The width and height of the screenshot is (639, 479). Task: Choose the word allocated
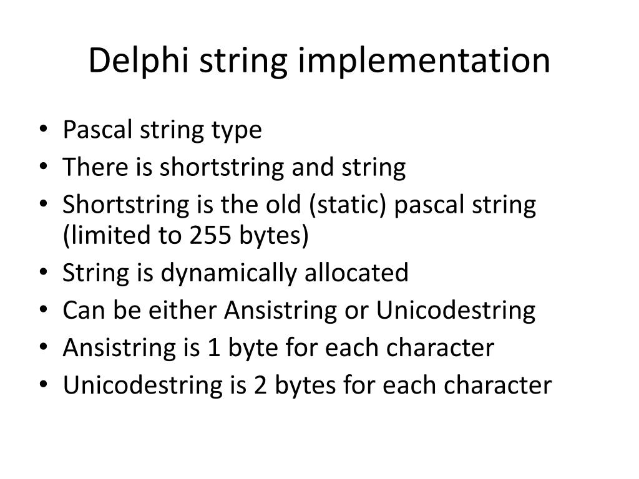click(x=356, y=273)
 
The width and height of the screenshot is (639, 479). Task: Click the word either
click(x=183, y=311)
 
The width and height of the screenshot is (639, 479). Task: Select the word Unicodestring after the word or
click(x=456, y=311)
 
